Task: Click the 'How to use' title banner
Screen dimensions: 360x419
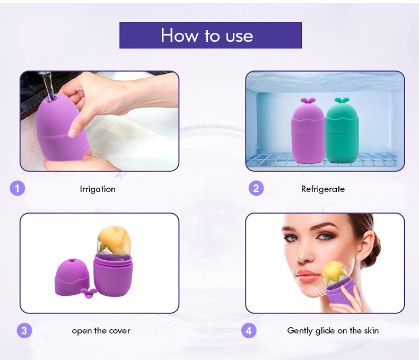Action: click(x=210, y=36)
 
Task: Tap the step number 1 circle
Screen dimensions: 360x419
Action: click(x=17, y=188)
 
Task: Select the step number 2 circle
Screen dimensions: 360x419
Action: click(x=256, y=188)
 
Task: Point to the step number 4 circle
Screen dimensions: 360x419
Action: click(x=249, y=330)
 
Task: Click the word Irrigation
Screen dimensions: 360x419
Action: click(x=98, y=189)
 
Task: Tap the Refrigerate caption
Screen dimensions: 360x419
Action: click(x=322, y=189)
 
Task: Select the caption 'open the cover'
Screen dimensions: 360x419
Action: click(x=101, y=331)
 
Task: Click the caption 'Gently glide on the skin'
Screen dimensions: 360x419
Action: click(x=333, y=331)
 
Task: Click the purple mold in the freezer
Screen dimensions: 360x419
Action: click(x=308, y=135)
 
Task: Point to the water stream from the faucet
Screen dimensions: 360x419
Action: click(x=48, y=84)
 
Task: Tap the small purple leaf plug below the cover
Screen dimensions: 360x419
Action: click(x=88, y=292)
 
